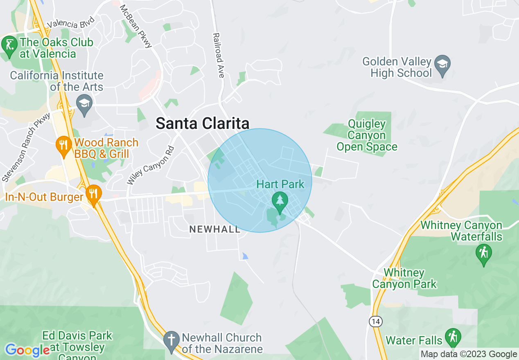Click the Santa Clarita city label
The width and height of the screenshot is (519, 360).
click(203, 124)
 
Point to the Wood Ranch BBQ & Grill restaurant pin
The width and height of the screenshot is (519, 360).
click(63, 146)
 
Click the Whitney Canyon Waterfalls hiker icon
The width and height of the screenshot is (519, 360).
click(484, 254)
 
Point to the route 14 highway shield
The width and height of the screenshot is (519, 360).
click(375, 322)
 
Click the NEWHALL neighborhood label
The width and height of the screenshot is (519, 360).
click(215, 229)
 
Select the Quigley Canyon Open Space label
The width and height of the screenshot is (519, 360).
click(367, 135)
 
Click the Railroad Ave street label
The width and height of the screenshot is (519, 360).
click(218, 56)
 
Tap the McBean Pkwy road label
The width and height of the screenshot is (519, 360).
click(136, 27)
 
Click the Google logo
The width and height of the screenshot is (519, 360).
click(27, 350)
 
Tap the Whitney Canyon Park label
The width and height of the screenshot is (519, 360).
click(404, 278)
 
